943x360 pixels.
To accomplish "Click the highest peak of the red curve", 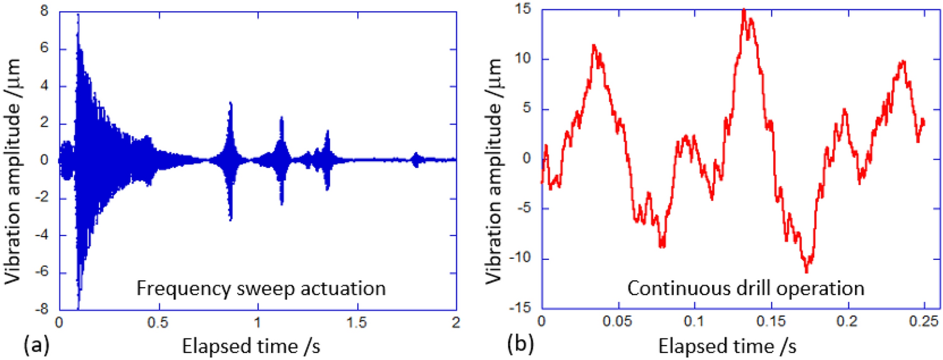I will coord(744,10).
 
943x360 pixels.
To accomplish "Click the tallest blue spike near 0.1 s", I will coord(78,15).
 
